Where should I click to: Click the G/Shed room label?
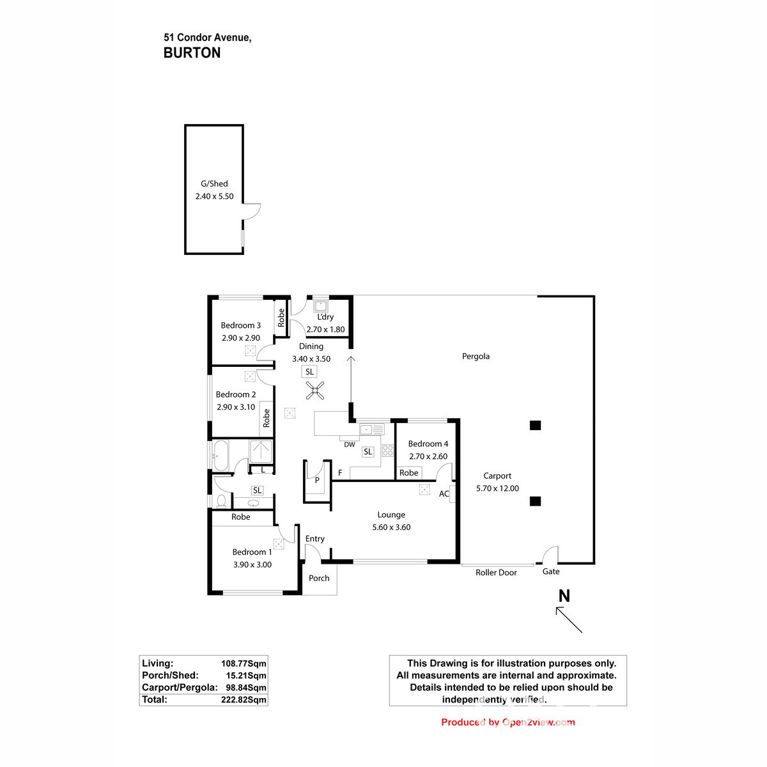(214, 183)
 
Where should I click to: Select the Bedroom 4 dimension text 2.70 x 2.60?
(428, 456)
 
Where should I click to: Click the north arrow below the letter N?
(569, 619)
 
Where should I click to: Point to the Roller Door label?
(496, 573)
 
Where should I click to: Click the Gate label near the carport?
(551, 571)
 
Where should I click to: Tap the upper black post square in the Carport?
(536, 426)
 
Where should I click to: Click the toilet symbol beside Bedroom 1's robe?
(221, 500)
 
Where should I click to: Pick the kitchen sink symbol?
(371, 430)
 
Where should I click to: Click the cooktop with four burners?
(387, 450)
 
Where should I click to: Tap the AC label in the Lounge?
(444, 493)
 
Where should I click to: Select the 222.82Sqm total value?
(244, 699)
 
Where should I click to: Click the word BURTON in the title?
(192, 53)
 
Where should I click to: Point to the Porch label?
(319, 578)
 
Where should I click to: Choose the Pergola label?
(476, 356)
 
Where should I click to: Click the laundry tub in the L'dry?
(320, 306)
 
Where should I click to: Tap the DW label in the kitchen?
(349, 445)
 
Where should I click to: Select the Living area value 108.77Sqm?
(244, 663)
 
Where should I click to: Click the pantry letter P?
(317, 480)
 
